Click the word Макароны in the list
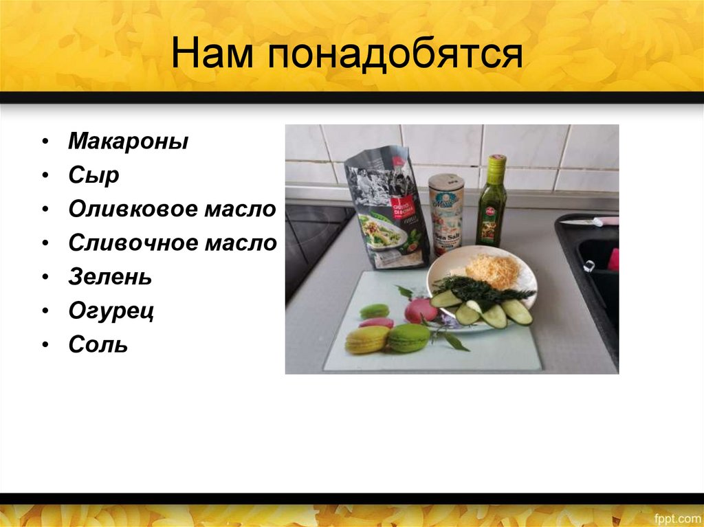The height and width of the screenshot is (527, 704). [128, 142]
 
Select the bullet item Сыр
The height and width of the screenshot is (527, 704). [93, 176]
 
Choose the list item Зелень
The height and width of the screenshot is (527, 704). [110, 278]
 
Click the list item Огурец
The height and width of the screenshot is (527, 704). [111, 311]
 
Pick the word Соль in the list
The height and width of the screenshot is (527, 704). [98, 344]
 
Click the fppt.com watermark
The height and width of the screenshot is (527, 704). [676, 517]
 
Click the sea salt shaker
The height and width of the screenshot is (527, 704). [446, 213]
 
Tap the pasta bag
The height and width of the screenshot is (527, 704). [388, 210]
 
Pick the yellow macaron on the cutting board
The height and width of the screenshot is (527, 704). [366, 339]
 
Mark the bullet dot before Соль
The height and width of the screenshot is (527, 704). [44, 345]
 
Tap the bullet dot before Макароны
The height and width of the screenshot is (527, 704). [44, 143]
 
